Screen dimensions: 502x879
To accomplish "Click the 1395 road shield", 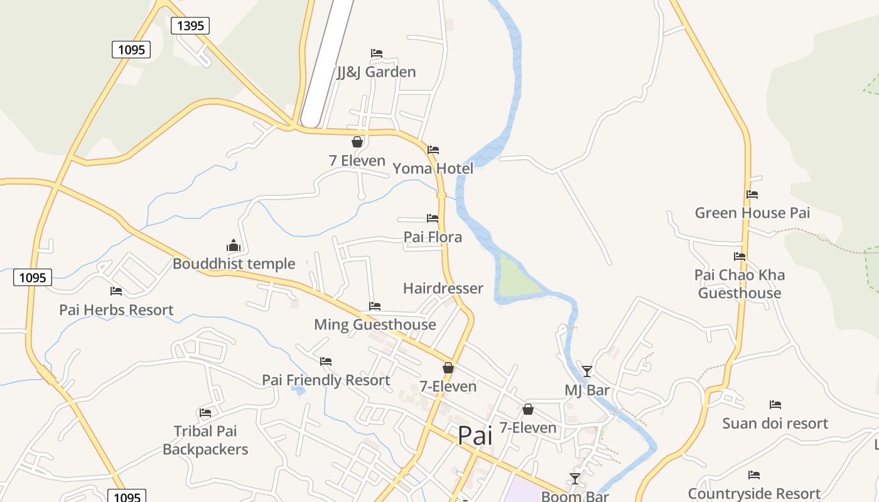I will coord(190,26).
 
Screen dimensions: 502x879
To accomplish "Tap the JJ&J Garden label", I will coord(376,72).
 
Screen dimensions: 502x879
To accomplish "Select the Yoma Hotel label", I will coord(433,169).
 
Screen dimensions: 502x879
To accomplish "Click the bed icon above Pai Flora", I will coord(433,218).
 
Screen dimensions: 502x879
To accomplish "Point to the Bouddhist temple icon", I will coord(234,245).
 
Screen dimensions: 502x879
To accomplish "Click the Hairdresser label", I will coord(443,289).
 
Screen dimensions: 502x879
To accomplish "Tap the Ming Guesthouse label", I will coord(375,324).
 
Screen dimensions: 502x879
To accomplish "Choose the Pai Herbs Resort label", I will coord(116,310).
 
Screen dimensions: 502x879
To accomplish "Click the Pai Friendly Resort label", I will coord(326,380).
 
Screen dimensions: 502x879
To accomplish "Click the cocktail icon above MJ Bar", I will coord(587,371).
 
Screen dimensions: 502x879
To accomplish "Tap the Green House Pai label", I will coord(752,213).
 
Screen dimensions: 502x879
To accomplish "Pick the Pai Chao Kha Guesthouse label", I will coord(740,284).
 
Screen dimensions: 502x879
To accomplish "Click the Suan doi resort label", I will coord(775,424).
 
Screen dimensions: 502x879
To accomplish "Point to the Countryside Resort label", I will coord(754,494).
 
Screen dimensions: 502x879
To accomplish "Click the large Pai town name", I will coord(475,435).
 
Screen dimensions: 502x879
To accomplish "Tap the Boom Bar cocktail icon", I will coord(575,479).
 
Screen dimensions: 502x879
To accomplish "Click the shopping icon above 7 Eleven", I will coord(357,142).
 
